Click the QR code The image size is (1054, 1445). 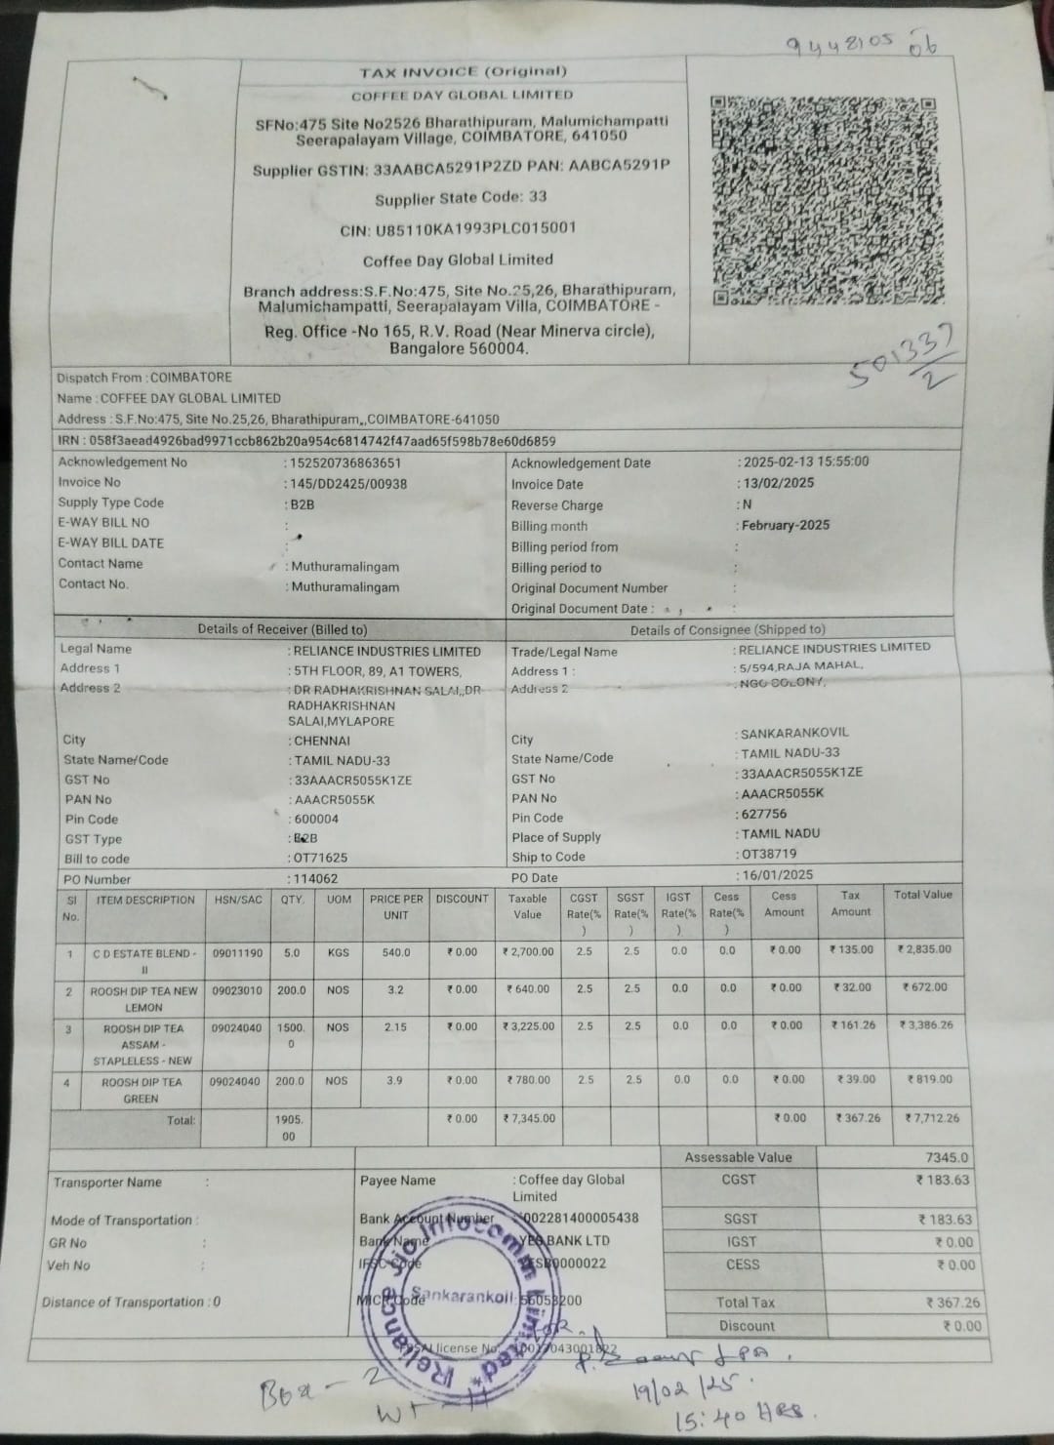point(823,201)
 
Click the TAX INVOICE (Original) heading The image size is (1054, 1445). point(463,72)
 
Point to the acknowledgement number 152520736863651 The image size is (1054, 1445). point(345,463)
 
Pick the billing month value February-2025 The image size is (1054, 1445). point(785,525)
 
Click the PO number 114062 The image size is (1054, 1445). point(315,879)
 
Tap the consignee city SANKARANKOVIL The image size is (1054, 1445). point(794,733)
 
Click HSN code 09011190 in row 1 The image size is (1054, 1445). point(237,953)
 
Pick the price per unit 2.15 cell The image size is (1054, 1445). point(395,1027)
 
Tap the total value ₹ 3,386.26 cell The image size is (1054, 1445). point(924,1025)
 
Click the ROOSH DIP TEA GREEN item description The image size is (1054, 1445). point(142,1090)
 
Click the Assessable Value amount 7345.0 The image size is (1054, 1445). point(946,1158)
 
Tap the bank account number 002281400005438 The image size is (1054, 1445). point(582,1218)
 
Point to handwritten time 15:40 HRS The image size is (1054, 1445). point(741,1413)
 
